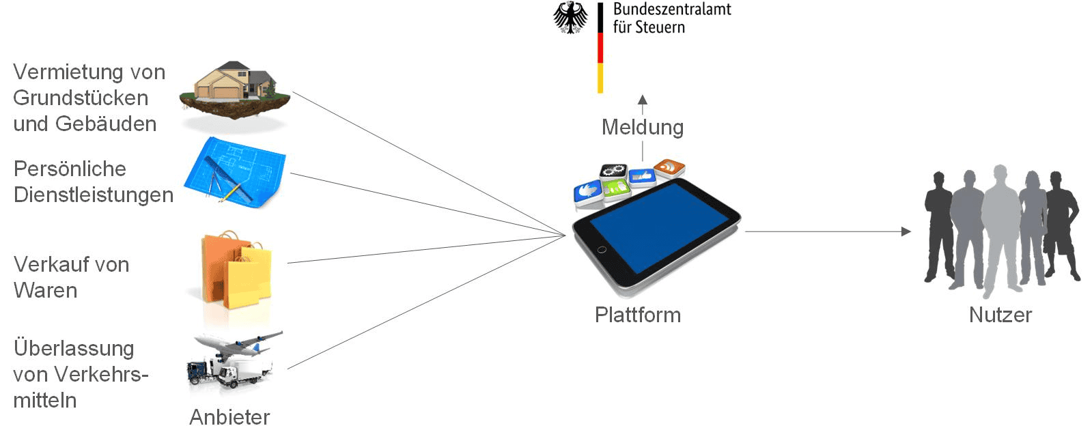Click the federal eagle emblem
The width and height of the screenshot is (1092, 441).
click(570, 17)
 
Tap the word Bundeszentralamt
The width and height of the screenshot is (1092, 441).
click(672, 10)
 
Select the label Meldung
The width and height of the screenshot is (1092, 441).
click(642, 128)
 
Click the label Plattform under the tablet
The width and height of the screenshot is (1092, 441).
click(637, 315)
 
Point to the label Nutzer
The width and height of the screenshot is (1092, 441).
click(1000, 315)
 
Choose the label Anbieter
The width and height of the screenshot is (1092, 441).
click(229, 417)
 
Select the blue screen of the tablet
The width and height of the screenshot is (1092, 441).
click(658, 226)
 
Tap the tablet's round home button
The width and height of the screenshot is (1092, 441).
click(602, 250)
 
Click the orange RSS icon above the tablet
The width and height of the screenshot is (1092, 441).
click(669, 167)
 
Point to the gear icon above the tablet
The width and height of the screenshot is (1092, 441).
click(613, 171)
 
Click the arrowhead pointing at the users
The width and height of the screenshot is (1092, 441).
click(906, 231)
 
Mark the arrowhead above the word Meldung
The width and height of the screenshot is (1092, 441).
click(642, 100)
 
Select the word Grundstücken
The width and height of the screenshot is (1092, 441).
click(81, 98)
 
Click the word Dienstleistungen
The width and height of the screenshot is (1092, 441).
click(94, 195)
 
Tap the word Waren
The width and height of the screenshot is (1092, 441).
click(45, 291)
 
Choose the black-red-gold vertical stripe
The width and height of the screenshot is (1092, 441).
click(600, 48)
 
